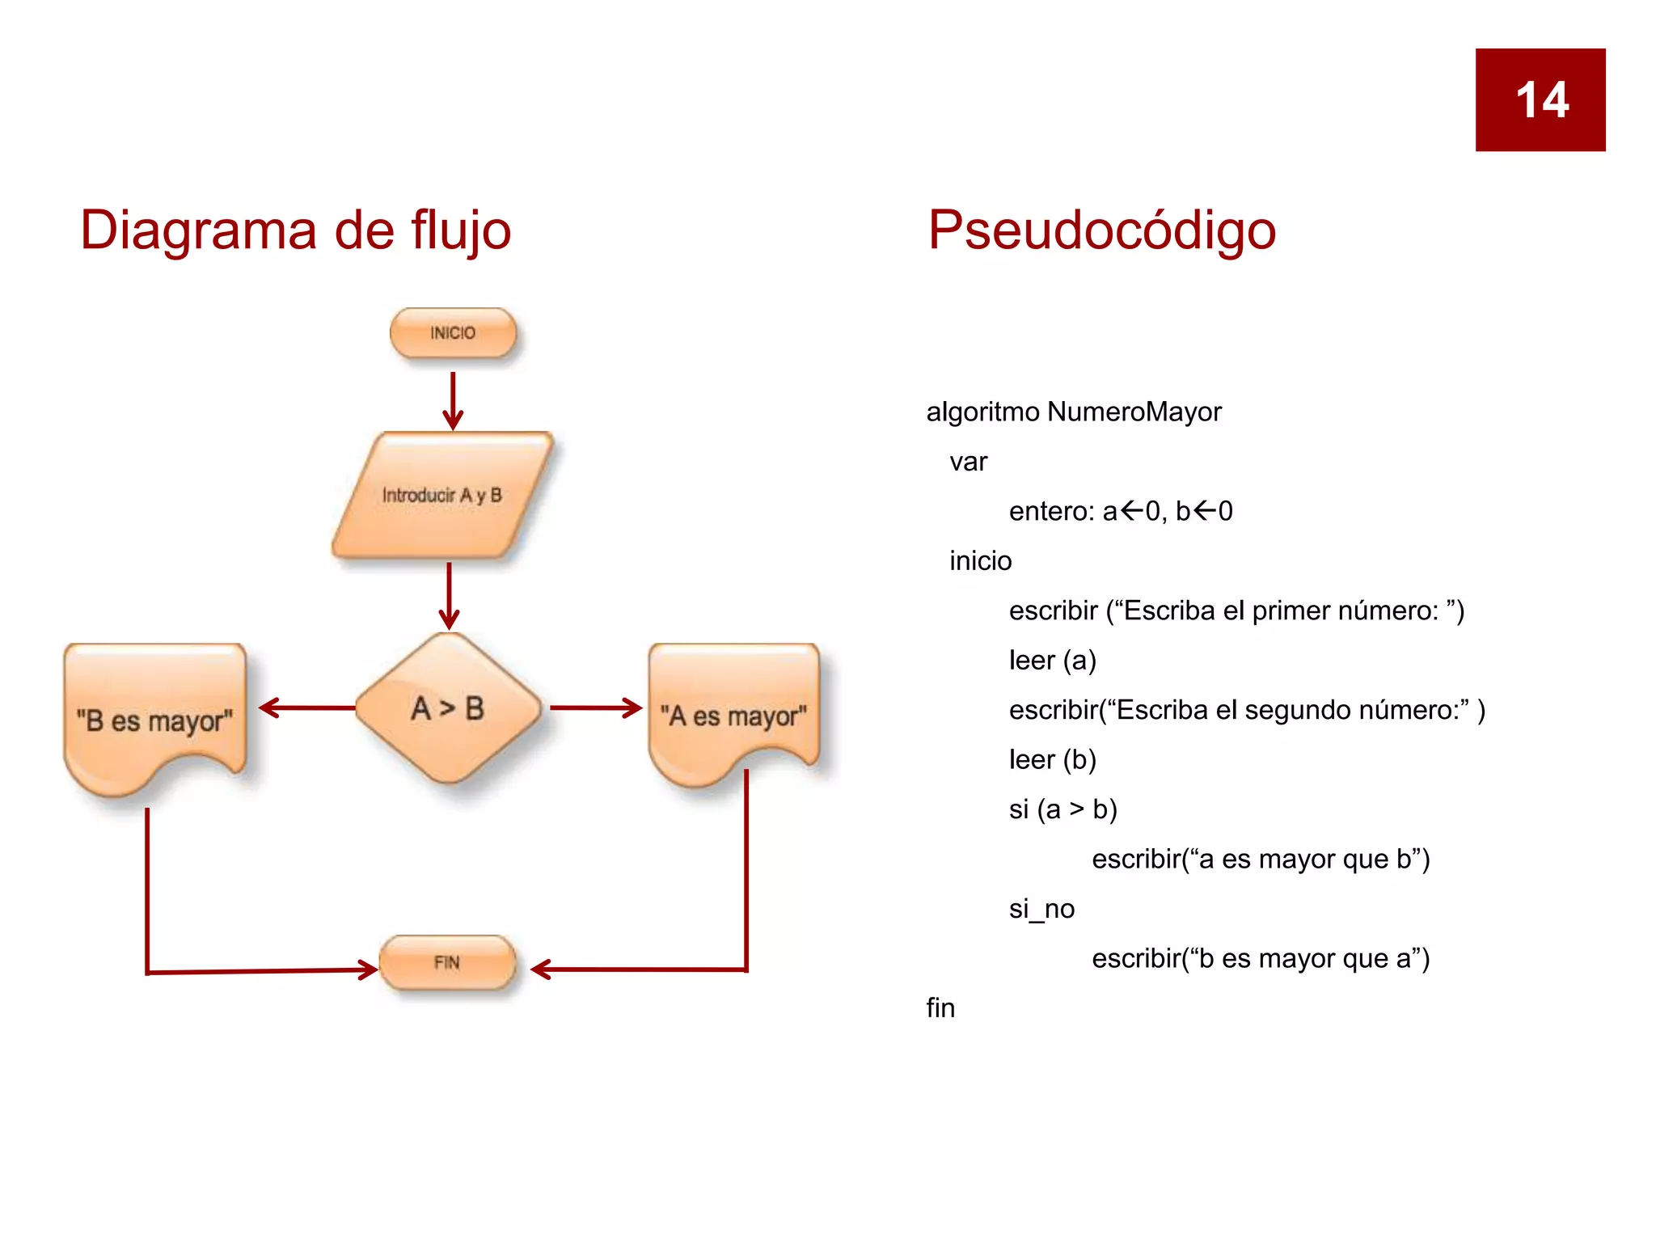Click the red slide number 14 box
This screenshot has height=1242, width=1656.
click(1540, 99)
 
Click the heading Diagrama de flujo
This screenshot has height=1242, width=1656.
click(296, 230)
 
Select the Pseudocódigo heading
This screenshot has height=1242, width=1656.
click(1101, 230)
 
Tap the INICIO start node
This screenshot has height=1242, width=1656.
click(453, 333)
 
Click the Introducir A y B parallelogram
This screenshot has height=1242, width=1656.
click(442, 495)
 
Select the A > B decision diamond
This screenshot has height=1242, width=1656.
click(448, 708)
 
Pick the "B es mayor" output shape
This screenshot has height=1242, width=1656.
click(154, 716)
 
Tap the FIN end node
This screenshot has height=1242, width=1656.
click(447, 962)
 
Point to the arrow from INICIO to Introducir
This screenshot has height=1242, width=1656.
click(453, 400)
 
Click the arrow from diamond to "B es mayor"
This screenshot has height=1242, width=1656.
click(307, 708)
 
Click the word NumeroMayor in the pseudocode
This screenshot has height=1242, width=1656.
click(1134, 412)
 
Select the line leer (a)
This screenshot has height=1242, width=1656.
click(1052, 661)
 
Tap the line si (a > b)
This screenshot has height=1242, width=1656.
click(1062, 809)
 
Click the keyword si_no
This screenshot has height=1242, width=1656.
click(1041, 909)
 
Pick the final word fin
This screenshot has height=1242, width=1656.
click(940, 1008)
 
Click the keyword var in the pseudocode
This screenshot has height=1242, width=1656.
click(968, 462)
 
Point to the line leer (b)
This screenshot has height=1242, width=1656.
click(1052, 760)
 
